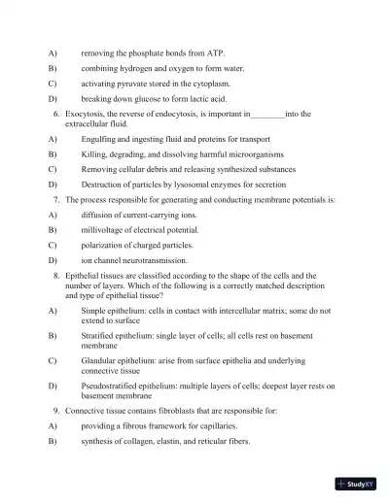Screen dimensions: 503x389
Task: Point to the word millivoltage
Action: pos(104,230)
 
